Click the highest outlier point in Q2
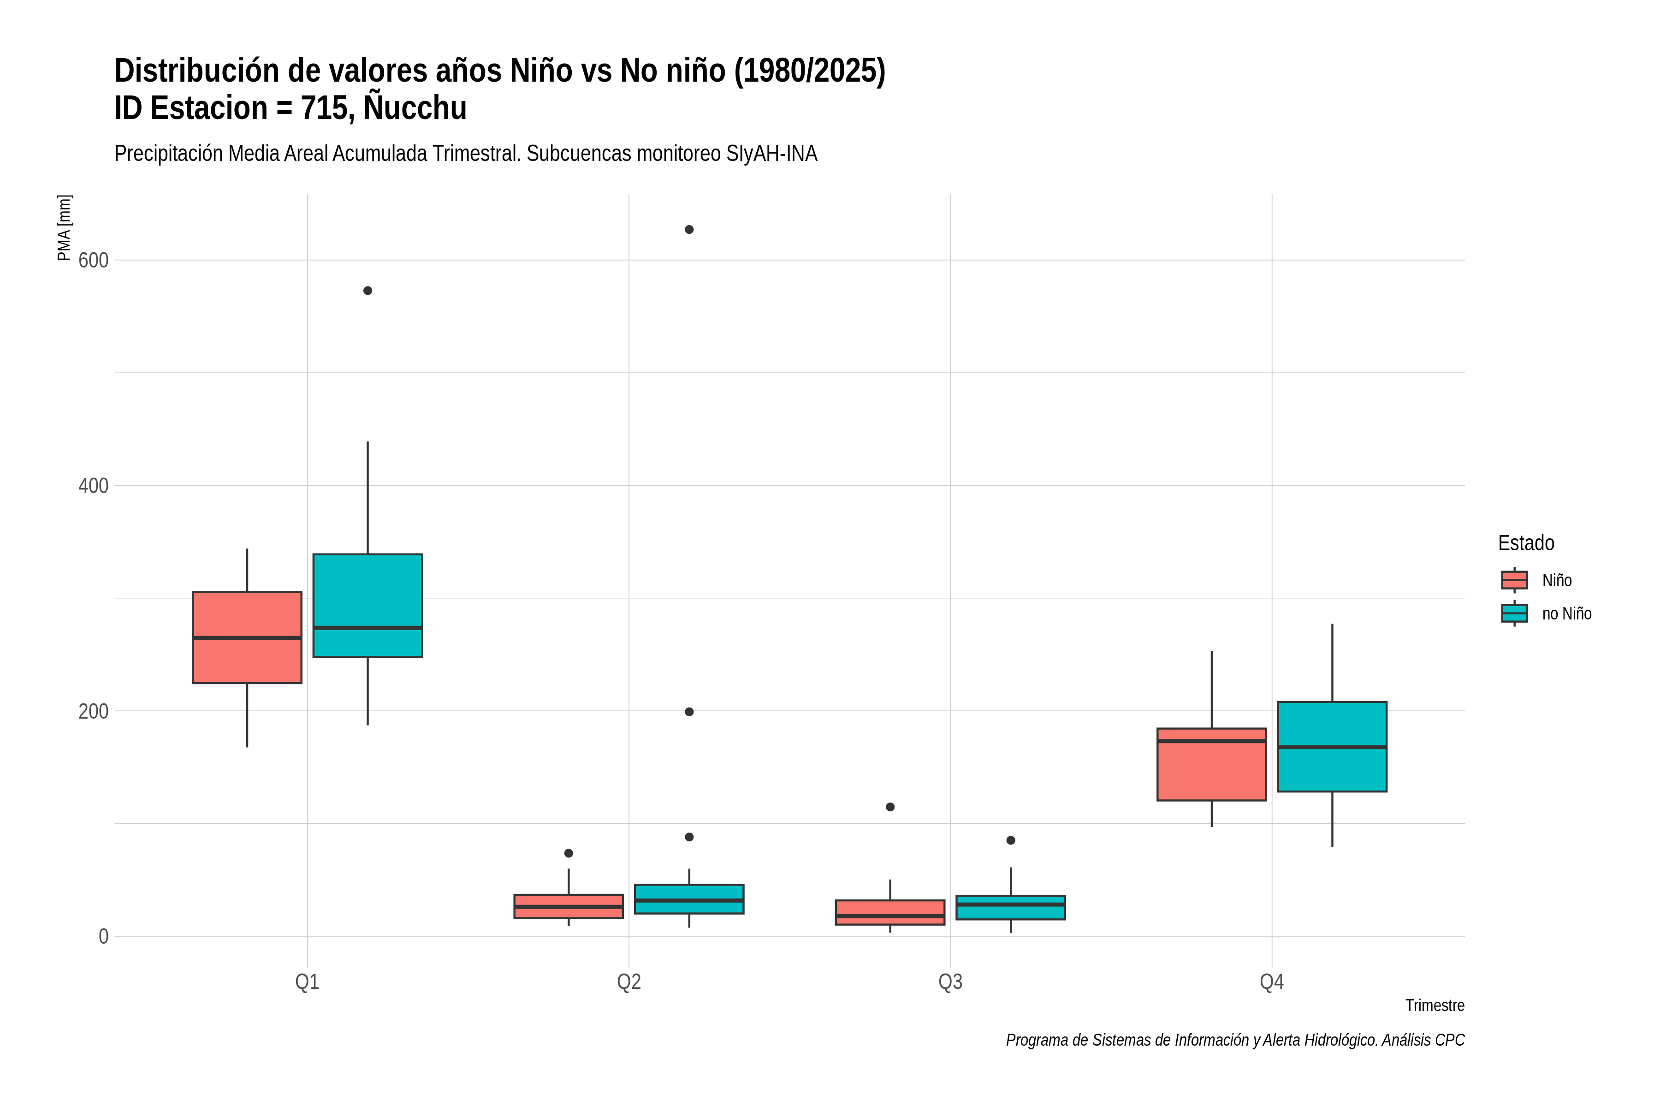(x=689, y=229)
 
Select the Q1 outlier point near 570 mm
(x=368, y=291)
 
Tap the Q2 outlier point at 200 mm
(x=689, y=712)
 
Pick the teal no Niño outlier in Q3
(x=1011, y=840)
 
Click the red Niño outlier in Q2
(x=569, y=854)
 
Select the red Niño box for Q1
(x=247, y=637)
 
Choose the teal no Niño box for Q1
(x=368, y=606)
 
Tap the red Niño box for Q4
(x=1212, y=765)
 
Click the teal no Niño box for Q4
(x=1333, y=747)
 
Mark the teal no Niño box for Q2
(x=689, y=899)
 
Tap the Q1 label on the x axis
(x=307, y=982)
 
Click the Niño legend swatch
(x=1515, y=580)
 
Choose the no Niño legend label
(x=1567, y=613)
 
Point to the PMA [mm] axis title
(x=64, y=228)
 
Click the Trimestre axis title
(x=1435, y=1006)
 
